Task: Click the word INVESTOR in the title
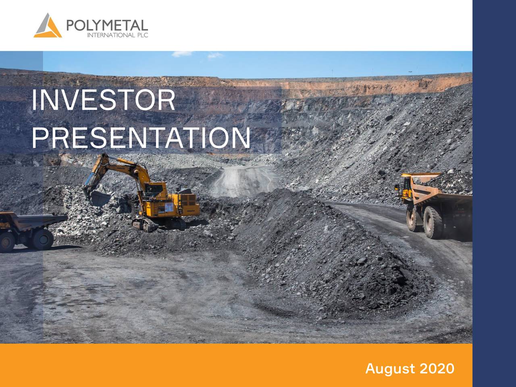click(x=103, y=100)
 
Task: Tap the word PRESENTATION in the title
click(x=141, y=137)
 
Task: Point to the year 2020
click(x=437, y=368)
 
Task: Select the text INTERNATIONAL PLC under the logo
click(x=118, y=36)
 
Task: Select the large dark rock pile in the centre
click(x=322, y=250)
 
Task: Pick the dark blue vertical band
click(x=494, y=193)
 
